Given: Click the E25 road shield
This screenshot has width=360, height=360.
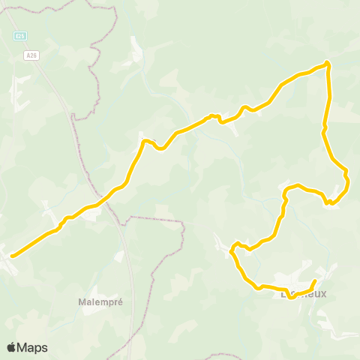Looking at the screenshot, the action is (19, 35).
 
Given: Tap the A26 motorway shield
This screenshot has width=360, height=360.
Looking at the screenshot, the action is (31, 55).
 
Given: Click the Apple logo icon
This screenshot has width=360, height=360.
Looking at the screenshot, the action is (11, 347).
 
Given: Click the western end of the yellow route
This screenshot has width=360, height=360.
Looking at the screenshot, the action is (12, 256).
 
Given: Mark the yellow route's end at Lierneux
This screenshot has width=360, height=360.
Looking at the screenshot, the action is (314, 280).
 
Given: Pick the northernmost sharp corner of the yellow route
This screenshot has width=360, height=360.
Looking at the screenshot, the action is (328, 63).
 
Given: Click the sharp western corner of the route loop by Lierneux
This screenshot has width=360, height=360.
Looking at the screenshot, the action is (232, 250).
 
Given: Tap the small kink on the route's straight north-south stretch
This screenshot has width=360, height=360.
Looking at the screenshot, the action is (323, 132).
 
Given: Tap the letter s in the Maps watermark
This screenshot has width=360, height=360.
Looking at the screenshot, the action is (44, 348).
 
